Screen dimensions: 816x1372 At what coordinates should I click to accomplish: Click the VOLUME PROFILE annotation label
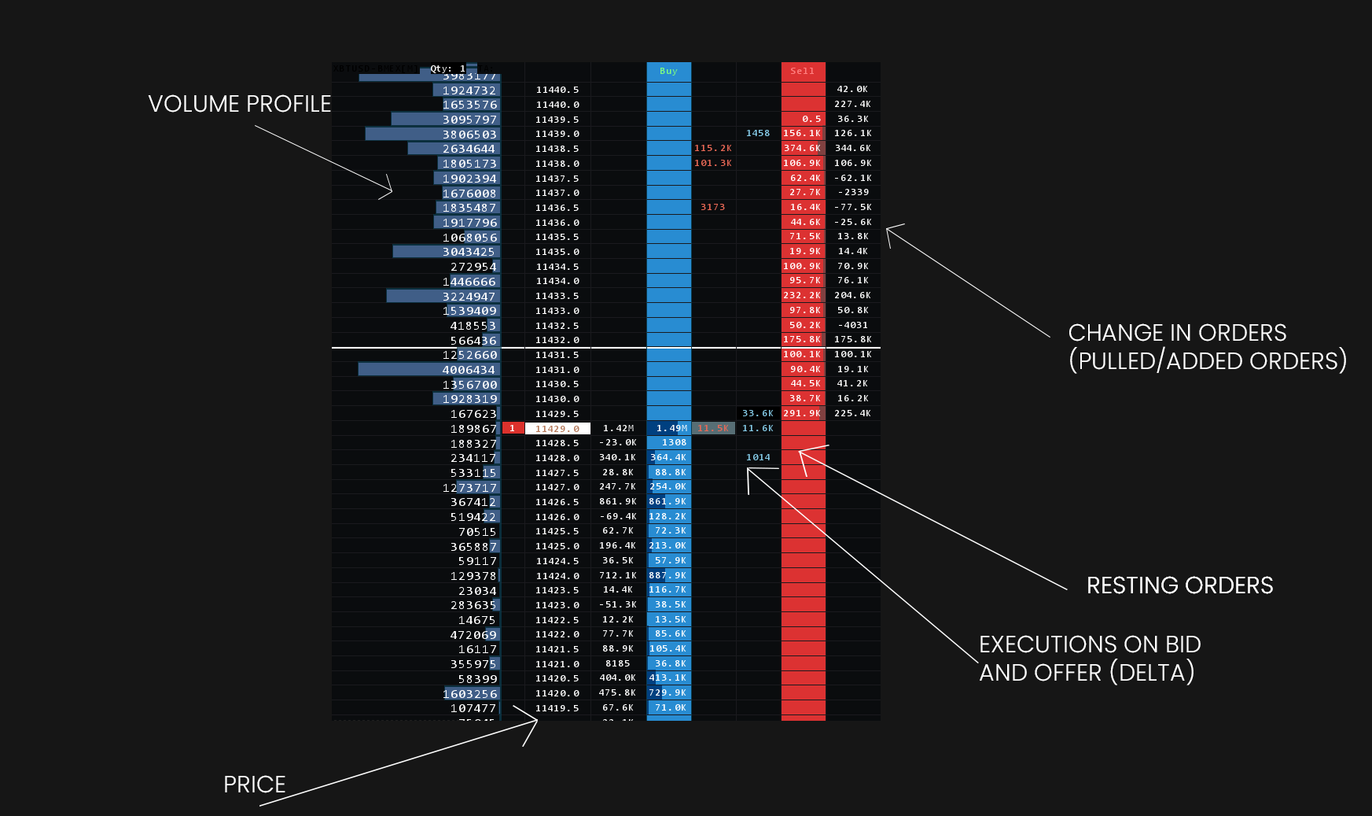(x=239, y=104)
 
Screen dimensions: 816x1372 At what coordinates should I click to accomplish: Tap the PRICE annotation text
(x=254, y=785)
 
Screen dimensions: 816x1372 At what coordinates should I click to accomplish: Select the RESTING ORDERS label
(x=1179, y=585)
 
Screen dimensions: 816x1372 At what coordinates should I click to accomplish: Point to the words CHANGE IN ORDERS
(x=1177, y=333)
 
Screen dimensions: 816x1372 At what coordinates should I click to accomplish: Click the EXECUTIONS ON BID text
(x=1090, y=644)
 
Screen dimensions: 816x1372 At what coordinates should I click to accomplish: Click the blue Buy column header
(x=668, y=71)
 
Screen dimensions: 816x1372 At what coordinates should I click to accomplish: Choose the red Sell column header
(x=803, y=71)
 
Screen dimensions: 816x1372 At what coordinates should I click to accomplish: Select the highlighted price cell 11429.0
(x=557, y=429)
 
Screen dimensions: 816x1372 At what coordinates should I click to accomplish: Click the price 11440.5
(x=557, y=90)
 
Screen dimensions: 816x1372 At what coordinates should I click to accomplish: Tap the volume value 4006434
(x=469, y=370)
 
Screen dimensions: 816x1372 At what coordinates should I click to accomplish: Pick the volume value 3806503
(x=469, y=135)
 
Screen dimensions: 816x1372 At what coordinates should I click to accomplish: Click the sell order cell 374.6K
(x=802, y=148)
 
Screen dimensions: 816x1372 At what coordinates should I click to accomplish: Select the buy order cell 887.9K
(x=668, y=575)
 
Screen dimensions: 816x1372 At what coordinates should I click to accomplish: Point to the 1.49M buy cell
(x=671, y=428)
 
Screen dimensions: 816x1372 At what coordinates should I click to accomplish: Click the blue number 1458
(x=758, y=133)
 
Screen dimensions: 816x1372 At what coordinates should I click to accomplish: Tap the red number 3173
(x=712, y=207)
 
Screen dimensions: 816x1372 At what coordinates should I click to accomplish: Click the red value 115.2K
(x=712, y=148)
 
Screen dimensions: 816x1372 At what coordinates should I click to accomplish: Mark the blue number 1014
(x=758, y=457)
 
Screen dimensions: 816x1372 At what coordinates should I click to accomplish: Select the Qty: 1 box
(x=447, y=68)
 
